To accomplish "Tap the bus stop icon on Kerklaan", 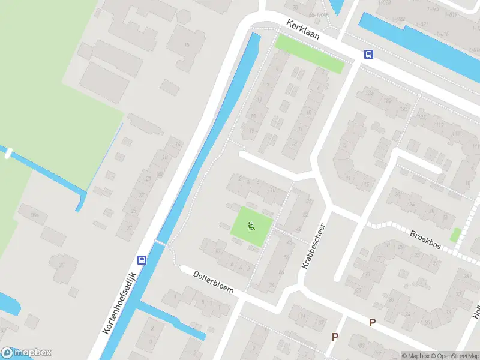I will [x=368, y=55].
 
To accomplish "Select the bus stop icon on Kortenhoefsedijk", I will [x=142, y=260].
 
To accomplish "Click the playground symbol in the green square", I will [x=251, y=226].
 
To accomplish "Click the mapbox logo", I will [x=26, y=353].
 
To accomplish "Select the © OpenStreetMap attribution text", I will [x=454, y=356].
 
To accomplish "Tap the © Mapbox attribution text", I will [x=415, y=356].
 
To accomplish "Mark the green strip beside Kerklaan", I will [x=309, y=53].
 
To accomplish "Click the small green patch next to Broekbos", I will [x=455, y=235].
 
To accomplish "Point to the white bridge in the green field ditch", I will [x=8, y=153].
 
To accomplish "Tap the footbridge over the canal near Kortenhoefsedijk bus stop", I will [x=161, y=243].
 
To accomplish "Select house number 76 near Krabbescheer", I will [x=272, y=286].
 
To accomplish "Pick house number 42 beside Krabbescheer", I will [x=298, y=229].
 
